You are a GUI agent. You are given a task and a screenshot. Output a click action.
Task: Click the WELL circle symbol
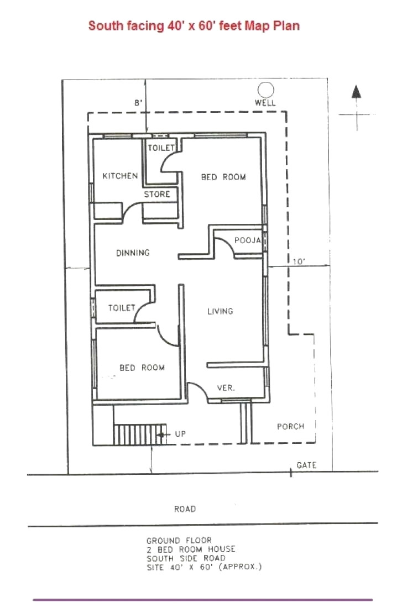pyautogui.click(x=266, y=90)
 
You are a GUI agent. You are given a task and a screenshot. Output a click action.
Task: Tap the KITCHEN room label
pyautogui.click(x=120, y=176)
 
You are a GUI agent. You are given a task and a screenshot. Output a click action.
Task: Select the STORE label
pyautogui.click(x=157, y=195)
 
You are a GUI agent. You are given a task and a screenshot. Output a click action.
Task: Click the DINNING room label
pyautogui.click(x=133, y=253)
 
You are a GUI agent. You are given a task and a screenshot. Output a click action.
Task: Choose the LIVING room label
pyautogui.click(x=220, y=311)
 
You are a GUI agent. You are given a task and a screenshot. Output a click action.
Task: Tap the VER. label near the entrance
pyautogui.click(x=226, y=388)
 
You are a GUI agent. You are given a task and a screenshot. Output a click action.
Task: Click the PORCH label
pyautogui.click(x=290, y=426)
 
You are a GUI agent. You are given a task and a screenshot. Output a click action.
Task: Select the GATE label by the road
pyautogui.click(x=306, y=465)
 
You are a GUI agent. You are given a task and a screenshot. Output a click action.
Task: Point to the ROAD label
pyautogui.click(x=185, y=509)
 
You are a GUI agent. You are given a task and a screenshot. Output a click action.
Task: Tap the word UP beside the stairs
pyautogui.click(x=180, y=434)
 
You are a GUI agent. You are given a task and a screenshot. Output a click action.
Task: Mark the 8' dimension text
pyautogui.click(x=138, y=102)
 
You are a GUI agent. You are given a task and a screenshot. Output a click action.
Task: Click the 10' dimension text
pyautogui.click(x=299, y=263)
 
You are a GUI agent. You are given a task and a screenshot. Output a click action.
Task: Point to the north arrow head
pyautogui.click(x=357, y=92)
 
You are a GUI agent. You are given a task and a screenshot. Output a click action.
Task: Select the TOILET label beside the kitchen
pyautogui.click(x=161, y=148)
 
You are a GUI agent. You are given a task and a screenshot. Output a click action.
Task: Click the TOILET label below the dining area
pyautogui.click(x=122, y=308)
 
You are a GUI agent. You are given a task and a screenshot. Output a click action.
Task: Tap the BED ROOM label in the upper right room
pyautogui.click(x=223, y=177)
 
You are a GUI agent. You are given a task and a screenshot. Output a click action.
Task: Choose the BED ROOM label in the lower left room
pyautogui.click(x=142, y=368)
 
